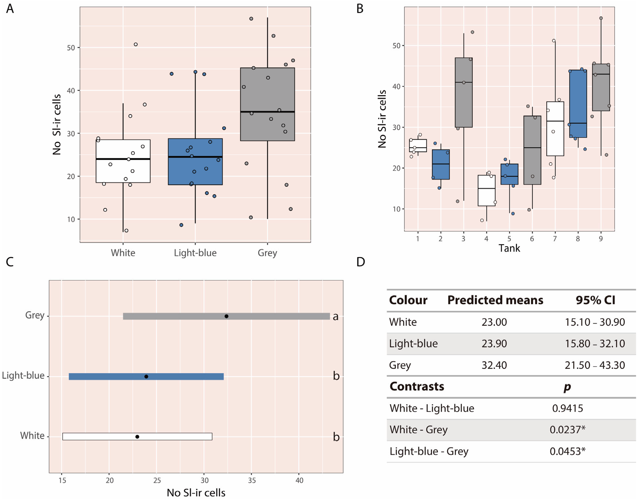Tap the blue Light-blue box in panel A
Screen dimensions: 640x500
click(x=195, y=162)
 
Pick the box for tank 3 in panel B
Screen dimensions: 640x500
click(x=464, y=92)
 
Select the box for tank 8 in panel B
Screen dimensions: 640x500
click(x=578, y=104)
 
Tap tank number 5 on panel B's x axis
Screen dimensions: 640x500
click(x=509, y=238)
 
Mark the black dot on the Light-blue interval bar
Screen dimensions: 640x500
click(x=146, y=376)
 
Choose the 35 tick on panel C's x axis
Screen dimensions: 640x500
click(x=252, y=480)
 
